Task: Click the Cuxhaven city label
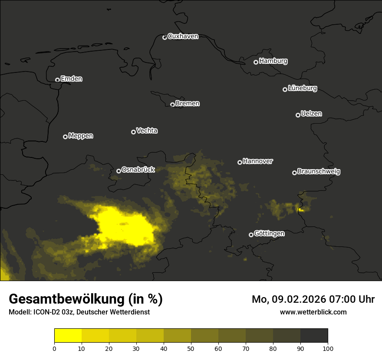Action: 183,36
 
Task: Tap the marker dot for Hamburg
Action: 256,62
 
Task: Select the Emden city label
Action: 71,79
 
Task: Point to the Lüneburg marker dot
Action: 285,89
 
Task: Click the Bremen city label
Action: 188,104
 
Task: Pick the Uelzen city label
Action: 311,114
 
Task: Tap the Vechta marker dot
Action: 133,132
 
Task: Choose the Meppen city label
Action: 81,136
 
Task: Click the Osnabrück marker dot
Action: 119,171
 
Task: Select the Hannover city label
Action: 258,161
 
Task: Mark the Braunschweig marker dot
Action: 294,173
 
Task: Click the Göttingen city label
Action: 269,234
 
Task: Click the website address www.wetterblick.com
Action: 313,312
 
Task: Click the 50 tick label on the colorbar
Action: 191,348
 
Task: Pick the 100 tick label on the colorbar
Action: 328,348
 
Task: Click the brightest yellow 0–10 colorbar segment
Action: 68,336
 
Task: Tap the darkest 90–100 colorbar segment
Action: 314,336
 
